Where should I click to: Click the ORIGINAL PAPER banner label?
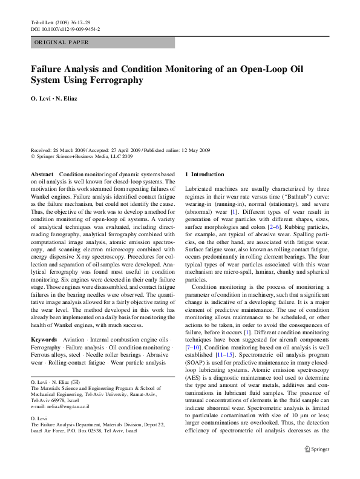tap(62, 42)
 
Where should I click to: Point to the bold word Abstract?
tap(42, 174)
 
